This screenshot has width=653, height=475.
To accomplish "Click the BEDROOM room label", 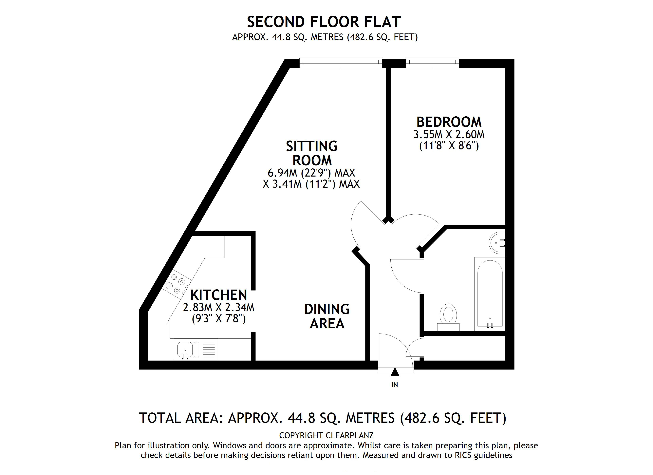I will point(449,122).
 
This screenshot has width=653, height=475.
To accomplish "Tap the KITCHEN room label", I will point(218,295).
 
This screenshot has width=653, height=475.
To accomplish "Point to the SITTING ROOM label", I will point(312,153).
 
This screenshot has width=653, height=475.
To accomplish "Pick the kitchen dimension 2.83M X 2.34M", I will point(218,308).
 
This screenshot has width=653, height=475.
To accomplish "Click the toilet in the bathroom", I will point(448,315).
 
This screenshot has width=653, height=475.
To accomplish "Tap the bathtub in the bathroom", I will point(490,294).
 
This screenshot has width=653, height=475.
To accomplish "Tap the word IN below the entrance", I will point(394,385).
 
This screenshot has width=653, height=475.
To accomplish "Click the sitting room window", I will point(340,63).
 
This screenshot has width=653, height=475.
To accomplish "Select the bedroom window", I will point(432,63).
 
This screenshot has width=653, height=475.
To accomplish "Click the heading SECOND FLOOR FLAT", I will point(324,22).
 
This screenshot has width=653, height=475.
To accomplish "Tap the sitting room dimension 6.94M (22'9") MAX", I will point(311,173).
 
